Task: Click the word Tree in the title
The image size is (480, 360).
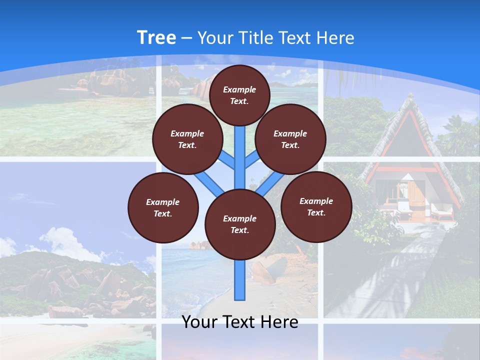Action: click(x=156, y=37)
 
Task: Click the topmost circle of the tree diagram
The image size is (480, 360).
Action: click(x=239, y=95)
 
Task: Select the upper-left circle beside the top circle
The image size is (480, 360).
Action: click(x=187, y=139)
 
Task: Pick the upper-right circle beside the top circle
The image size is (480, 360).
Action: click(x=290, y=139)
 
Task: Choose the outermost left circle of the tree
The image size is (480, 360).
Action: click(x=163, y=207)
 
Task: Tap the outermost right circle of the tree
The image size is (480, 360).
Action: click(x=316, y=206)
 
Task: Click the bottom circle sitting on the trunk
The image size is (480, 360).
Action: click(x=240, y=224)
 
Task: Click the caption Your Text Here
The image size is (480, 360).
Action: click(x=240, y=322)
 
